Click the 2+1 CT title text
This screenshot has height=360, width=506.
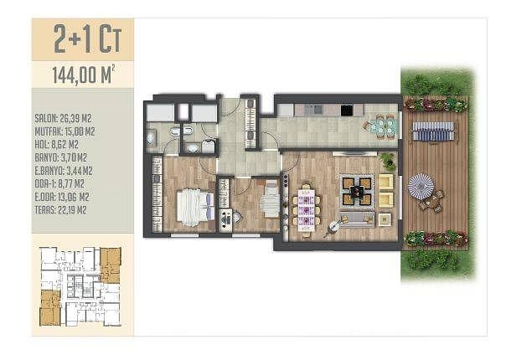[x=87, y=39]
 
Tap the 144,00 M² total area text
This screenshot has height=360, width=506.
[x=83, y=75]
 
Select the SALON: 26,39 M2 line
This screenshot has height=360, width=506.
[x=63, y=118]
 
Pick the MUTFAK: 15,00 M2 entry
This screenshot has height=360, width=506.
[x=65, y=131]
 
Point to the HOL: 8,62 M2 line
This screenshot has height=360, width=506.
[x=56, y=145]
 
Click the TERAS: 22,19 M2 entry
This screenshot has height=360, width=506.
[x=60, y=210]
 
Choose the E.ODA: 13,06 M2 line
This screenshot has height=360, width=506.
[x=62, y=197]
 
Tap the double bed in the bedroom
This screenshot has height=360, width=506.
[x=195, y=207]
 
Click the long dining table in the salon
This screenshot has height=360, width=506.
[x=307, y=210]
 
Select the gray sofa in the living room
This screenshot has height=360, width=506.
[x=356, y=219]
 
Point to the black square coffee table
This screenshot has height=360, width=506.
[x=357, y=192]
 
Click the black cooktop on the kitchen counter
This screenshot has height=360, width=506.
[x=347, y=111]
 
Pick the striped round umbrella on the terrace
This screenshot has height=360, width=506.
[x=421, y=184]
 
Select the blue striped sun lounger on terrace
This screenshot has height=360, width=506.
[x=433, y=131]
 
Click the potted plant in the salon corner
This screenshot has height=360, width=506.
[x=389, y=161]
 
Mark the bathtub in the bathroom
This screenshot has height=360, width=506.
[x=151, y=138]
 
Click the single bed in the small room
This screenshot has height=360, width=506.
[x=270, y=198]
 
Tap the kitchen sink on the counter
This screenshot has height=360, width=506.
[x=314, y=110]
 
